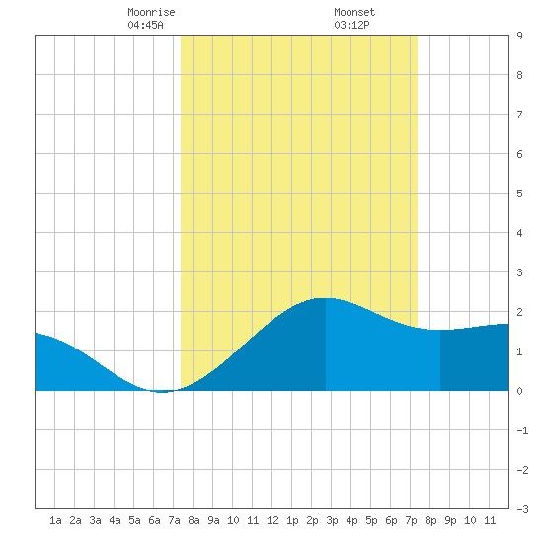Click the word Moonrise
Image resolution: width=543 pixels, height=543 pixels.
point(151,12)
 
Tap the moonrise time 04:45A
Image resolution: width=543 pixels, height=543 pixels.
point(145,25)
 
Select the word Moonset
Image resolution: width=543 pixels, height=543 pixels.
point(354,12)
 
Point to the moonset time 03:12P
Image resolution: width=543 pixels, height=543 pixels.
point(351,25)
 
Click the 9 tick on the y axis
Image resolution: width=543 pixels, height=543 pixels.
point(519,36)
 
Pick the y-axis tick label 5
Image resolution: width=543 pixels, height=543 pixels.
point(519,194)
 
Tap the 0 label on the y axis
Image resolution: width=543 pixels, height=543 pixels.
point(519,391)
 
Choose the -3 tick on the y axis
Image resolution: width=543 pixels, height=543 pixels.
point(522,509)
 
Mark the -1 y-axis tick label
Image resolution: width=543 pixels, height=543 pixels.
point(522,430)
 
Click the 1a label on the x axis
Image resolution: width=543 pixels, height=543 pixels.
point(55,520)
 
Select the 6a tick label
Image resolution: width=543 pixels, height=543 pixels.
point(154,520)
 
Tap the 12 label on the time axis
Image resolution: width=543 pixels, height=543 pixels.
point(272,520)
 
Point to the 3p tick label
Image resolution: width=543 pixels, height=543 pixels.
point(332,520)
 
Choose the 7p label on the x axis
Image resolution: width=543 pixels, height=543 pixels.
point(411,520)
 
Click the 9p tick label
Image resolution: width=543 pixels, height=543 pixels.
point(450,520)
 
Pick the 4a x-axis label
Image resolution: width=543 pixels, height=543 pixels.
point(115,520)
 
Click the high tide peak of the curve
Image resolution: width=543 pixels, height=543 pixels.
point(326,298)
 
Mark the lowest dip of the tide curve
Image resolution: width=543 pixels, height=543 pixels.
point(162,392)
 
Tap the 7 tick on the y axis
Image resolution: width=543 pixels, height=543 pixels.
point(519,115)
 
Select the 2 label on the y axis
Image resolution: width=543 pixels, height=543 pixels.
point(519,312)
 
